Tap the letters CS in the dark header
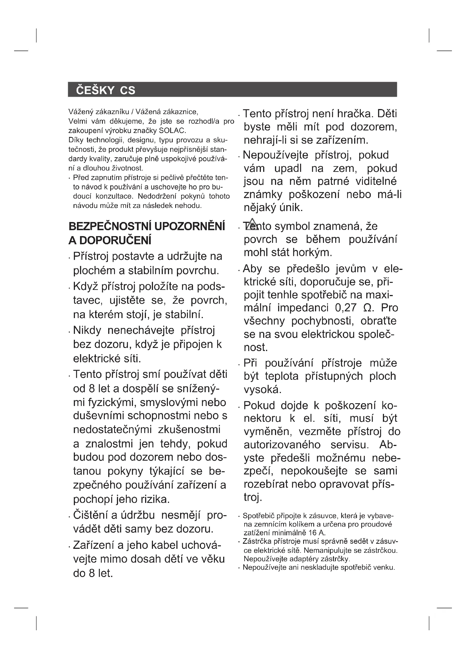127,90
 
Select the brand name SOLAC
172,131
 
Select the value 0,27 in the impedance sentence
345,308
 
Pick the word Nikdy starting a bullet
87,330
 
